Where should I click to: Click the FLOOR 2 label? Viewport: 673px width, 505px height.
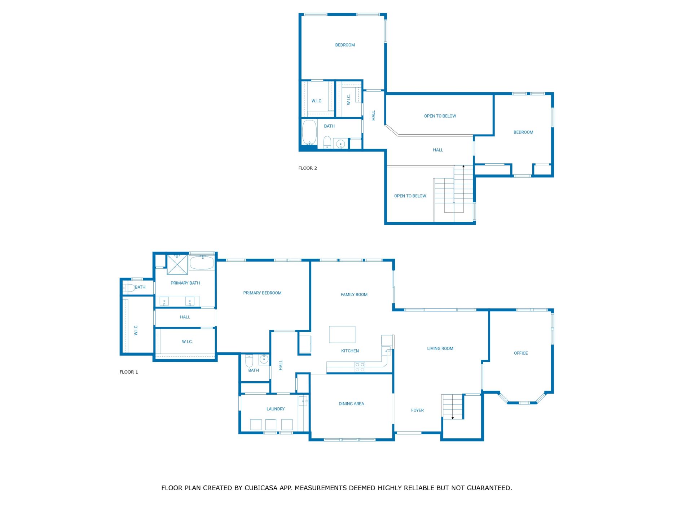(308, 168)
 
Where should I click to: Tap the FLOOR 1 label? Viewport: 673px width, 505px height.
(129, 372)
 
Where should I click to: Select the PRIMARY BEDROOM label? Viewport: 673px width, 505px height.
(262, 293)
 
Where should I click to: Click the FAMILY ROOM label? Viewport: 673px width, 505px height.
(354, 295)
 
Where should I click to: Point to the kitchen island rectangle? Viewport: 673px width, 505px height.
(342, 334)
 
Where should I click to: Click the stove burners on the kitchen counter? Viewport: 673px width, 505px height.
(360, 367)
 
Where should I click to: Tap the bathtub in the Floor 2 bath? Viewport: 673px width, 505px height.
(309, 132)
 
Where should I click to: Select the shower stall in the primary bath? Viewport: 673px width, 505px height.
(177, 264)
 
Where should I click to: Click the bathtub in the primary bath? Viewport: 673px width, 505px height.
(202, 263)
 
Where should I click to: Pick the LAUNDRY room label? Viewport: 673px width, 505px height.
(276, 409)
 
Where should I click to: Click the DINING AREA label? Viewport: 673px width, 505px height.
(351, 404)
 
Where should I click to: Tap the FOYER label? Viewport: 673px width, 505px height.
(417, 410)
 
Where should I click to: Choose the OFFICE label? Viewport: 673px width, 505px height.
(521, 353)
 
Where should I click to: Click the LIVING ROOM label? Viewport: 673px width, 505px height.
(440, 348)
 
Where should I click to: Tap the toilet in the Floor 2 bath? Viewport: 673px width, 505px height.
(327, 142)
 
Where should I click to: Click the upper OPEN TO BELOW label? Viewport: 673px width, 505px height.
(440, 116)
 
